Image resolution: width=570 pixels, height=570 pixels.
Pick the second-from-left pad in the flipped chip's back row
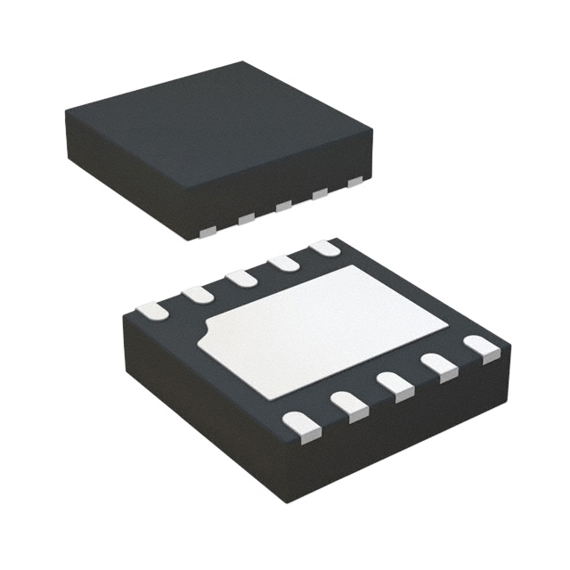point(197,294)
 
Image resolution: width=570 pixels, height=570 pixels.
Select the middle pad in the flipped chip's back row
point(241,278)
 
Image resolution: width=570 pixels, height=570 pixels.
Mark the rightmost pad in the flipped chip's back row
point(325,248)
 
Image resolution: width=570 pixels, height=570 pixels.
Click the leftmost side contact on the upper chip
point(208,232)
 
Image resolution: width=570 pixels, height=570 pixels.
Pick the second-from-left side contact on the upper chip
point(247,219)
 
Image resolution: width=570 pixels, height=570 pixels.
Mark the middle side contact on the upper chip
point(284,207)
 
